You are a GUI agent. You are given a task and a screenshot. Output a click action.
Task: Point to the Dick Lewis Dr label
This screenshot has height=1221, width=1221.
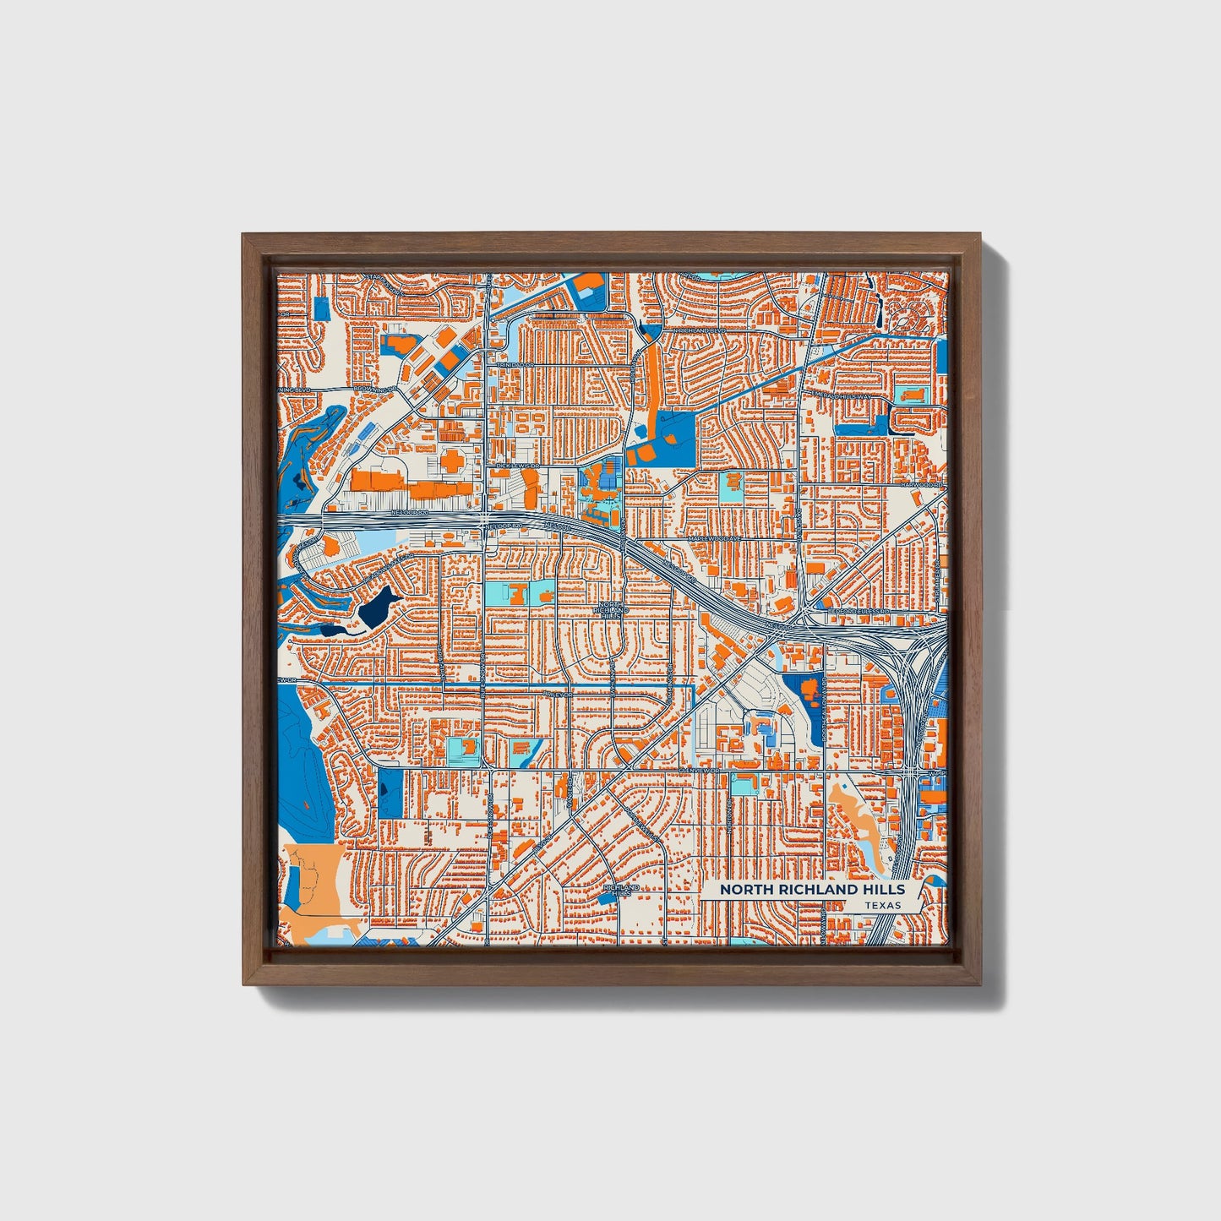pos(517,466)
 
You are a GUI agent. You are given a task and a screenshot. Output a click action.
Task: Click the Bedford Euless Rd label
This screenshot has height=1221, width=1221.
pos(860,610)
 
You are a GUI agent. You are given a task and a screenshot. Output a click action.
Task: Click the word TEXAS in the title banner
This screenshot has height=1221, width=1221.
pos(882,905)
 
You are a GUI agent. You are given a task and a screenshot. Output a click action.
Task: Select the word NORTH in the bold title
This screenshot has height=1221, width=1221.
pos(746,889)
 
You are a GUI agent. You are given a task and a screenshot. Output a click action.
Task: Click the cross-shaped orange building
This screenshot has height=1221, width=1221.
pos(450,461)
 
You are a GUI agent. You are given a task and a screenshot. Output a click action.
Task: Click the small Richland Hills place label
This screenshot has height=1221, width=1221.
pos(621,891)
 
